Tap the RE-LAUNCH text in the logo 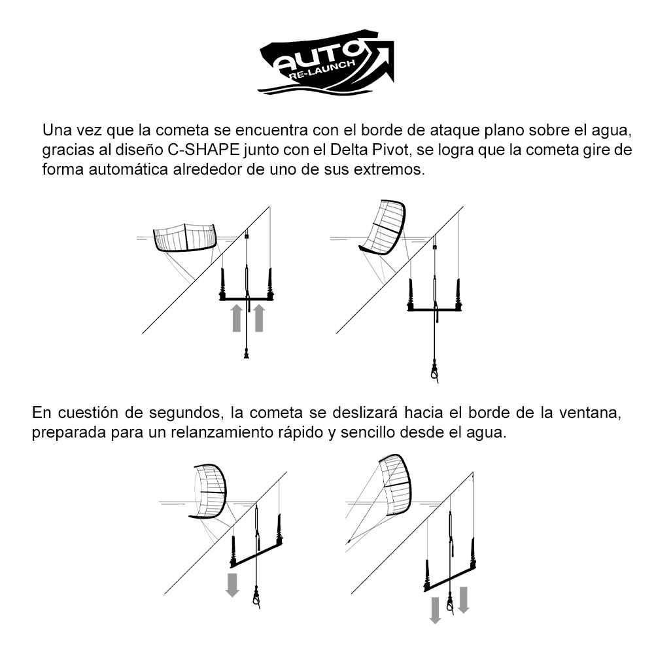[321, 71]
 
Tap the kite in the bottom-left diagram [209, 491]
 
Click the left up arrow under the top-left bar [237, 318]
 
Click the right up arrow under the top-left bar [259, 318]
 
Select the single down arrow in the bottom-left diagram [232, 585]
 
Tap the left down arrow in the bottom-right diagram [435, 610]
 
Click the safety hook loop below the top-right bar [435, 373]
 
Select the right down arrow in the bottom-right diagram [464, 600]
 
